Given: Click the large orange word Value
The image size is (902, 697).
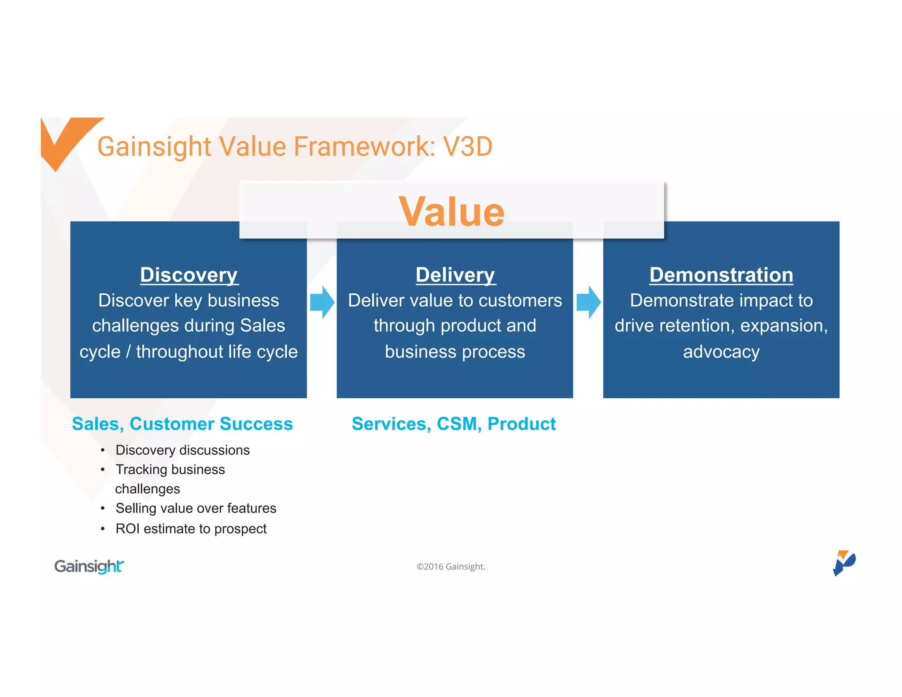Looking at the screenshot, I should tap(451, 212).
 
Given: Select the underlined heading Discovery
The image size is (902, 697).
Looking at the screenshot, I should tap(189, 275).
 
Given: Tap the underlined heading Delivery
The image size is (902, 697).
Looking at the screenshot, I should tap(455, 275).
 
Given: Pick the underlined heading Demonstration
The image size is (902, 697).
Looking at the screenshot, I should tap(721, 275).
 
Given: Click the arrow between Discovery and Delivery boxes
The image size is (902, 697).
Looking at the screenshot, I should tap(322, 302).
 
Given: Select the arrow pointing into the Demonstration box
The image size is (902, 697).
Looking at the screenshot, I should tap(588, 302).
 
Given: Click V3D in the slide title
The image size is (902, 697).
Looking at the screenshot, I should tap(467, 146).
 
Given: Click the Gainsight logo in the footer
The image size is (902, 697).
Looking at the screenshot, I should tap(89, 566).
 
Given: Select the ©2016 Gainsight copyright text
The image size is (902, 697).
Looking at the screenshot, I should tap(451, 567).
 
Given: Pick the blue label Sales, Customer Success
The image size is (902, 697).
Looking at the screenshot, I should tap(182, 424).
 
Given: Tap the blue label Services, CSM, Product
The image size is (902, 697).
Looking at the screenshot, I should tap(454, 424).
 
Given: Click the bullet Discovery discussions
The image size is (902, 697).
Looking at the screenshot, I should tap(182, 450).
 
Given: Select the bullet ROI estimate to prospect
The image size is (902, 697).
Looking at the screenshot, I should tap(191, 529).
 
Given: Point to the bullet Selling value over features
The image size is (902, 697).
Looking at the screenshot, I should tap(196, 508).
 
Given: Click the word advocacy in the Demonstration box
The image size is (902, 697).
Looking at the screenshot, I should tap(721, 352).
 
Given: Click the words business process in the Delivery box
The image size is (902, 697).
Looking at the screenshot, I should tap(455, 352).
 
